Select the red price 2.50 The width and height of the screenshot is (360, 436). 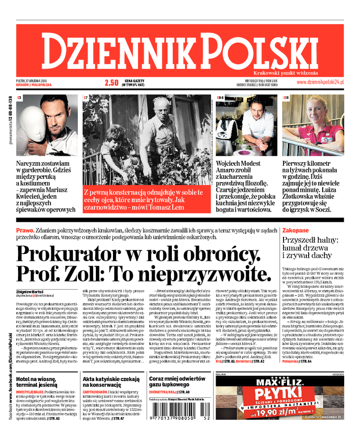pos(111,82)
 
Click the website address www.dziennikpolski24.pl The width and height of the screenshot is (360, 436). pos(320,82)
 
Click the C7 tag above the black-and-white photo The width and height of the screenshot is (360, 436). pos(86,97)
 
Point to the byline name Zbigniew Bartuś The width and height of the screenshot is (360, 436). pos(32,291)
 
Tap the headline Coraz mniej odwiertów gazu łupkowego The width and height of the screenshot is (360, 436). pos(177,382)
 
